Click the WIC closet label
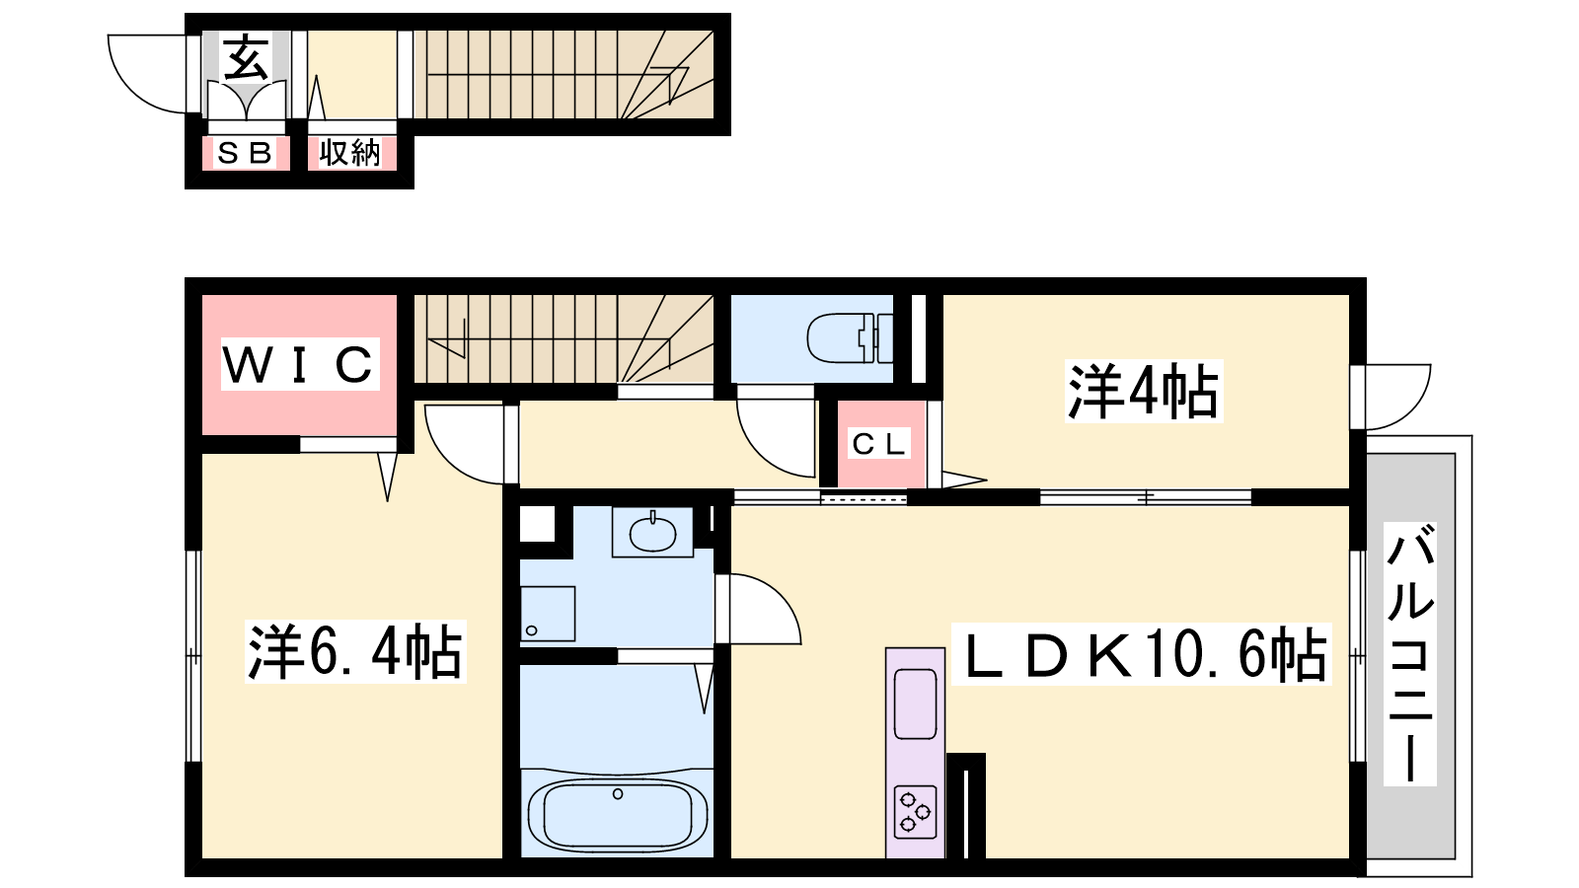[300, 364]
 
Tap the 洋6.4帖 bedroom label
[355, 651]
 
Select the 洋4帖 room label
[1144, 391]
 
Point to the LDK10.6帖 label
[1141, 654]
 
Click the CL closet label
[878, 444]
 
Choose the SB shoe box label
[245, 153]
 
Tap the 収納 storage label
[349, 153]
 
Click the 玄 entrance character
[246, 57]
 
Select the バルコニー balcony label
[1410, 654]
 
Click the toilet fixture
[850, 338]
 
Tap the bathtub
[618, 815]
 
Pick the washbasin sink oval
[652, 535]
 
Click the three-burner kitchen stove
[915, 812]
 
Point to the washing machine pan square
[548, 614]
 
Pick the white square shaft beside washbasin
[537, 524]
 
